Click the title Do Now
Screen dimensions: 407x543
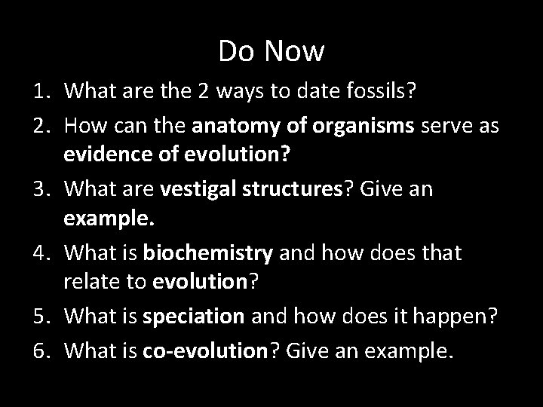[x=271, y=52]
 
